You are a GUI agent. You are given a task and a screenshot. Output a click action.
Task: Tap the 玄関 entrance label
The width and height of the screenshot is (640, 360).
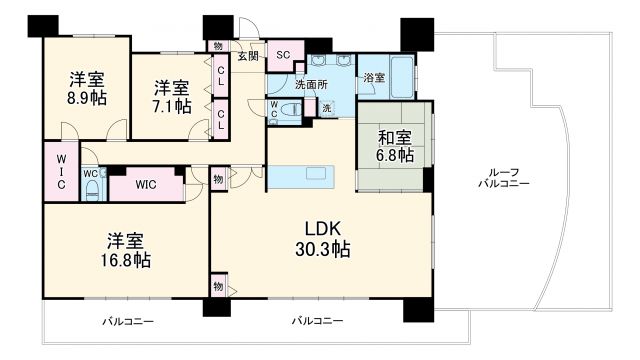click(247, 57)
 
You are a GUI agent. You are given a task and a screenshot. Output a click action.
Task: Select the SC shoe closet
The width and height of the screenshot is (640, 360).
click(283, 56)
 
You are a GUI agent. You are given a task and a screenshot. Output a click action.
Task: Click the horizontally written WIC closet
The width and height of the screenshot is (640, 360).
click(145, 185)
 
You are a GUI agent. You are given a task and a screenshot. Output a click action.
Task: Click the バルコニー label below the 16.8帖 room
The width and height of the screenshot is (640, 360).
click(125, 322)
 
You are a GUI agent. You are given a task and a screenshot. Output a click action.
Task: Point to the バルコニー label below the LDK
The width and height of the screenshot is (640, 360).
click(317, 322)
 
